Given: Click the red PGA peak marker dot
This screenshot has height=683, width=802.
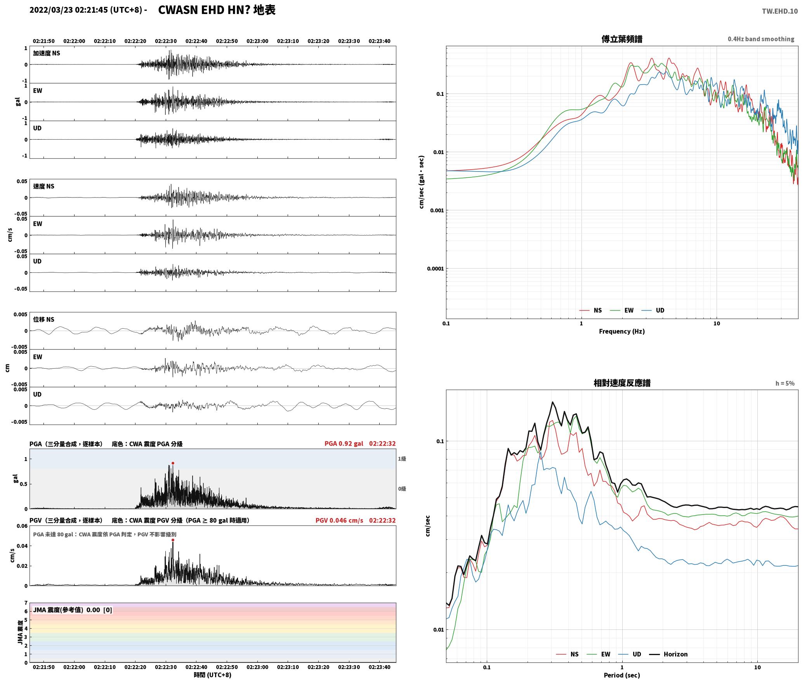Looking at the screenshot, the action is (173, 463).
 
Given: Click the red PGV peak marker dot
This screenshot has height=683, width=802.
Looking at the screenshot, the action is (173, 540).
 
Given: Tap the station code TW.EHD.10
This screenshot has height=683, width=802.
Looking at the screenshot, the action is (780, 11).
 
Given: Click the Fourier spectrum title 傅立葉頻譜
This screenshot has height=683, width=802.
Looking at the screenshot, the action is (621, 39).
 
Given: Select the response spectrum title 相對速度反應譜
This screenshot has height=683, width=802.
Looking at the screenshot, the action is (622, 383).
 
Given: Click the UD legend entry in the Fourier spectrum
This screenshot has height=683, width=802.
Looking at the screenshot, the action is (653, 310).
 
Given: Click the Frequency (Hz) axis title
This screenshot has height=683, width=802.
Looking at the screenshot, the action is (622, 331).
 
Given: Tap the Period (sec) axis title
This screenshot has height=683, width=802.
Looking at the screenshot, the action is (622, 675).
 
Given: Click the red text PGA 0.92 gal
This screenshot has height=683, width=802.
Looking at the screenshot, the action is (344, 444).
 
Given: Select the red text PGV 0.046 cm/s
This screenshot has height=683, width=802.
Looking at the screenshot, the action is (339, 520).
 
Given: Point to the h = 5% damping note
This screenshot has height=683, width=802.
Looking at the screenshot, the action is (785, 383).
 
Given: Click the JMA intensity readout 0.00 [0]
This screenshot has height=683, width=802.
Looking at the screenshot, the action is (99, 610).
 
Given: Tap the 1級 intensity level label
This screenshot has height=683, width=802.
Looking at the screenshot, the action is (402, 459).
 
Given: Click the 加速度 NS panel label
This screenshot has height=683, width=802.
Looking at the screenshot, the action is (47, 53).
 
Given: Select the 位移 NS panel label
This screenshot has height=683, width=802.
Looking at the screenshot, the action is (44, 319).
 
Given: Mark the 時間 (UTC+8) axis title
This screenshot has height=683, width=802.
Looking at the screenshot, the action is (213, 675).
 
